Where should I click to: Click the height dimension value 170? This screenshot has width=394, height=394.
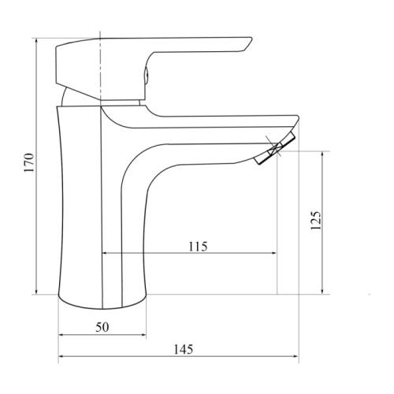(x=29, y=164)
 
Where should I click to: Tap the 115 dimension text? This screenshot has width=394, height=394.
(x=197, y=246)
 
